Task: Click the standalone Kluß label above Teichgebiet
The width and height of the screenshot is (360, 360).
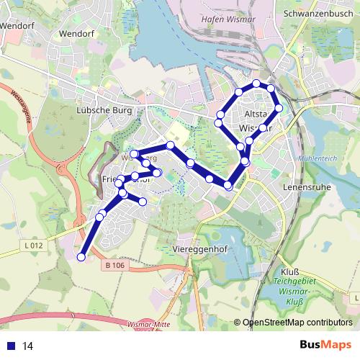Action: (x=282, y=272)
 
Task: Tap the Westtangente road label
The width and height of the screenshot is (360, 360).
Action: (x=19, y=106)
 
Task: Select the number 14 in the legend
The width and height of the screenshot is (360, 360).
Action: (x=28, y=346)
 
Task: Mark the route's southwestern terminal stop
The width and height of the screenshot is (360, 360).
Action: (x=81, y=256)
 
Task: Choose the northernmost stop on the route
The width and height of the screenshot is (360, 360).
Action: (x=256, y=84)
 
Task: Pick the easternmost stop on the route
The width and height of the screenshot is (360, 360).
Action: (x=279, y=109)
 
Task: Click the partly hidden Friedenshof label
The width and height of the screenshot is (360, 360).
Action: (x=114, y=179)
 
